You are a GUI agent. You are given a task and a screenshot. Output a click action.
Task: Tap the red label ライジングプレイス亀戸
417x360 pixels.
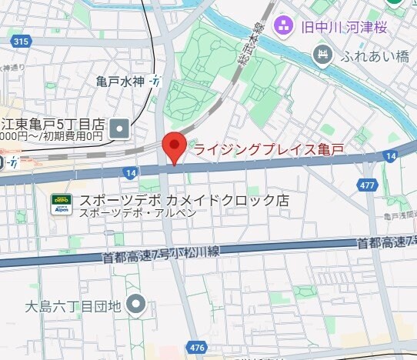[x=268, y=149]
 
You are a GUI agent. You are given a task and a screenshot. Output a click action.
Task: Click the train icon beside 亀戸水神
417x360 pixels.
[x=156, y=80]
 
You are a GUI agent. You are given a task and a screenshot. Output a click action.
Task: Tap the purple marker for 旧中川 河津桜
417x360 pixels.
[x=284, y=25]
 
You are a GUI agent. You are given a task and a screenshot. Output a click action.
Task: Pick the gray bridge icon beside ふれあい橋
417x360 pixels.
[x=323, y=55]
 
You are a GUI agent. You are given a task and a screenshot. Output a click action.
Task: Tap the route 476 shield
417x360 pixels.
[x=198, y=348]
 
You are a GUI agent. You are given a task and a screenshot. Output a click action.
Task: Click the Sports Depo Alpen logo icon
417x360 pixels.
[x=62, y=203]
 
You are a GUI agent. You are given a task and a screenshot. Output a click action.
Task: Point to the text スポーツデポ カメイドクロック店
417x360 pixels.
[x=185, y=200]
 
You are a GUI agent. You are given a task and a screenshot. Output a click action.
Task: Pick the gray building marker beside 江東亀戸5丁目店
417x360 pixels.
[x=120, y=128]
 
